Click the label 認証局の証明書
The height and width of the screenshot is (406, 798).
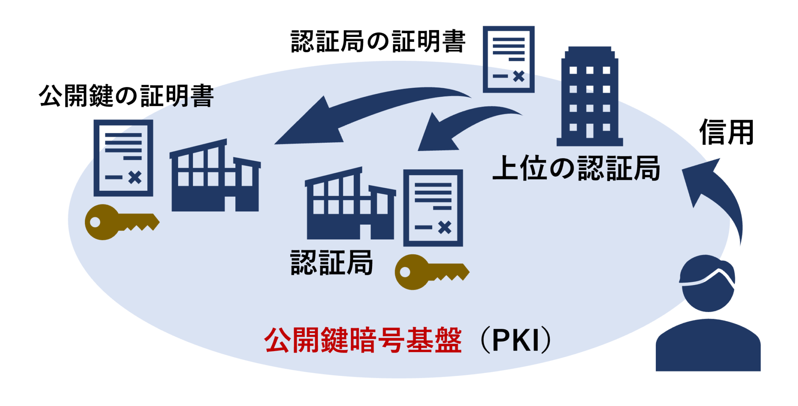[x=378, y=42]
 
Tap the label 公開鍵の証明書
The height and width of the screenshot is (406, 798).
[x=126, y=96]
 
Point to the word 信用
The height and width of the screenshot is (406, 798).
[x=726, y=133]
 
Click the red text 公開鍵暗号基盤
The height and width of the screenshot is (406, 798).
[x=363, y=340]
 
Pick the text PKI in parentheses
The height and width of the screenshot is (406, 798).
[x=516, y=340]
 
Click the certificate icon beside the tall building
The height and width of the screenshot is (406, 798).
[x=508, y=59]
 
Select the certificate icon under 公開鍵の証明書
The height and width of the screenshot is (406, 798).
[x=123, y=158]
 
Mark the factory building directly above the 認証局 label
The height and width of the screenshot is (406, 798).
[x=350, y=205]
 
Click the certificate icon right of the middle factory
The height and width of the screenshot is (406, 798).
[x=433, y=207]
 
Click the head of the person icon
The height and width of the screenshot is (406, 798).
[x=708, y=283]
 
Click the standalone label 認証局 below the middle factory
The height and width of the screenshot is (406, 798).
[x=332, y=263]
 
